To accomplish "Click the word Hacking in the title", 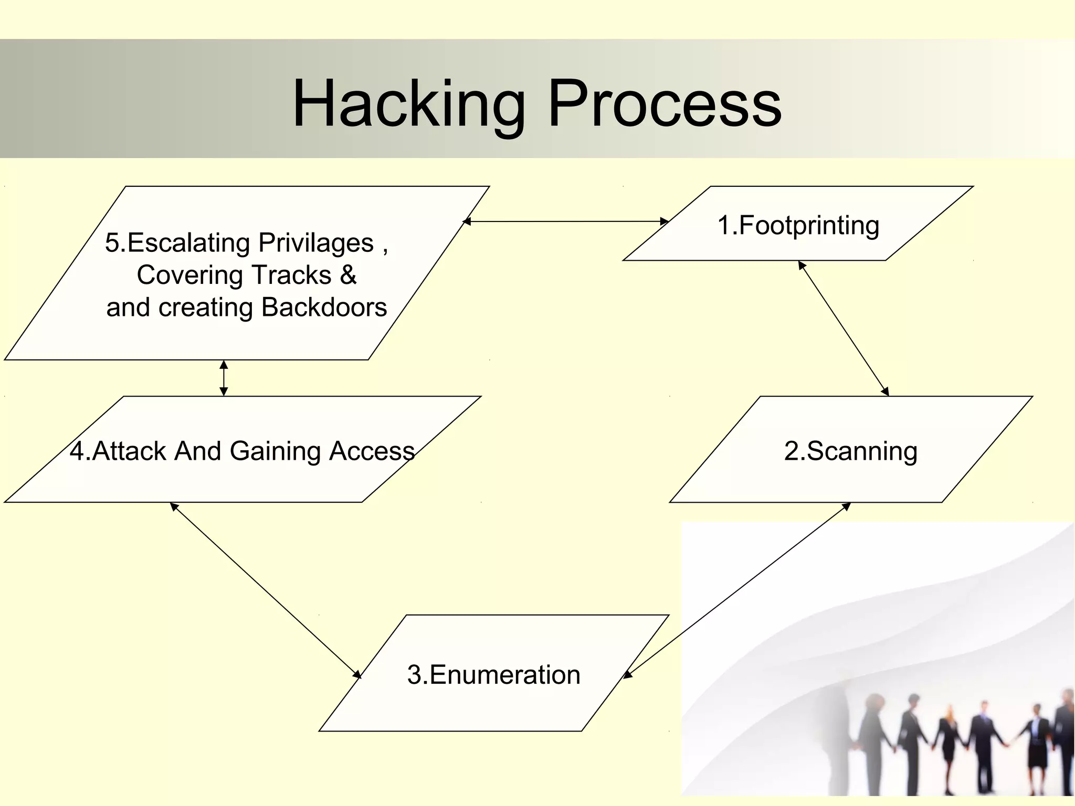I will coord(408,104).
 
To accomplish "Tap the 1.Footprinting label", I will coord(798,225).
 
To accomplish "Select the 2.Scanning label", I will coord(850,451).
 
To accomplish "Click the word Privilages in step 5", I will coord(315,243).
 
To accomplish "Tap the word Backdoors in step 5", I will coord(324,307).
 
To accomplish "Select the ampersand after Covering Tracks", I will coord(348,275).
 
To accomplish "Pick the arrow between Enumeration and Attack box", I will coord(265,590).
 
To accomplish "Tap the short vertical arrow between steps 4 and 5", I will coord(224,378).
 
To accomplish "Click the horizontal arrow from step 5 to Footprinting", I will coord(566,221).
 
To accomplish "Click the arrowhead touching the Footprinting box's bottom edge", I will coord(802,265).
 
